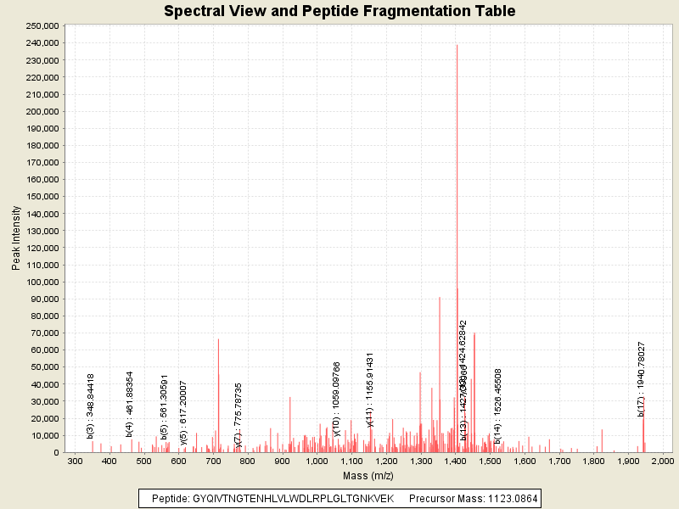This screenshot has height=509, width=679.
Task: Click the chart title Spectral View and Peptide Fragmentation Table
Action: (339, 11)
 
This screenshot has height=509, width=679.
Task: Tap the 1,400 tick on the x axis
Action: (456, 460)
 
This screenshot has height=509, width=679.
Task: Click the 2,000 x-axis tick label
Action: (661, 460)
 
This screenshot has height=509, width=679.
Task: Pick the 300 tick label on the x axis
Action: (75, 460)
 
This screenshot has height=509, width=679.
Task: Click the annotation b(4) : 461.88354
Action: (130, 404)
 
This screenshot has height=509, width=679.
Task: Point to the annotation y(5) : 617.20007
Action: (183, 412)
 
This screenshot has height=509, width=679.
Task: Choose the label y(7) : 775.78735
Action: (238, 414)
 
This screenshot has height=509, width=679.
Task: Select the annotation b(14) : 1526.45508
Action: (498, 406)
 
